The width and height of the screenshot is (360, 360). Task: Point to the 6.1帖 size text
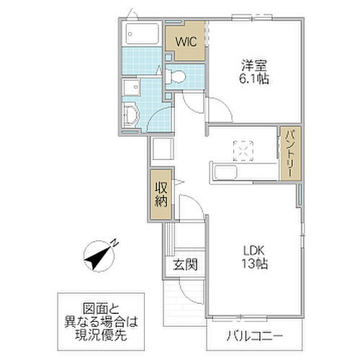255,80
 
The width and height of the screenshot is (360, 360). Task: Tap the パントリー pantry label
288,154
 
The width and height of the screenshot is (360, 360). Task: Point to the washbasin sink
131,114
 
